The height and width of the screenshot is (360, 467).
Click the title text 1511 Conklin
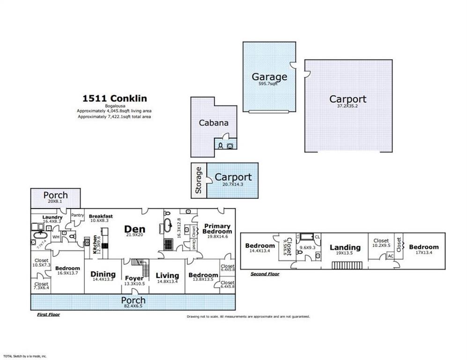(x=115, y=98)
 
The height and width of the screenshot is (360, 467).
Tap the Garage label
(x=269, y=77)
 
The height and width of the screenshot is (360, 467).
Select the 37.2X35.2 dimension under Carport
(x=348, y=106)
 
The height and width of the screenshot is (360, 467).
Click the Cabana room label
(x=214, y=123)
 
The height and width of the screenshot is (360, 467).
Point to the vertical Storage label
(x=198, y=180)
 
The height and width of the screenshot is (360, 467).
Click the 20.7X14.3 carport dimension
(x=233, y=184)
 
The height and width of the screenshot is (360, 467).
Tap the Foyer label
(x=134, y=278)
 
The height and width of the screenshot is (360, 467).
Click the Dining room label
(x=103, y=274)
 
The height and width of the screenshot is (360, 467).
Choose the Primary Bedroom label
(x=217, y=229)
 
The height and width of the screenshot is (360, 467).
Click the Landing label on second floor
(x=345, y=247)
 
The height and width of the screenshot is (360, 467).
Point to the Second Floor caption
(x=265, y=274)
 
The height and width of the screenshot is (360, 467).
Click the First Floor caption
(x=48, y=315)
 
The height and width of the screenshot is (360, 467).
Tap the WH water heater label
(x=56, y=237)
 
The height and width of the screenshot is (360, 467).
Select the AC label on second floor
(x=390, y=256)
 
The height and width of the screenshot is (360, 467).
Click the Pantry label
(x=77, y=215)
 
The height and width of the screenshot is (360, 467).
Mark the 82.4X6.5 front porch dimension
(x=133, y=306)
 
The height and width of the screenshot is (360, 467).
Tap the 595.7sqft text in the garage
(x=269, y=84)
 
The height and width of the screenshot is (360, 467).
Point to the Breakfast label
(x=100, y=216)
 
